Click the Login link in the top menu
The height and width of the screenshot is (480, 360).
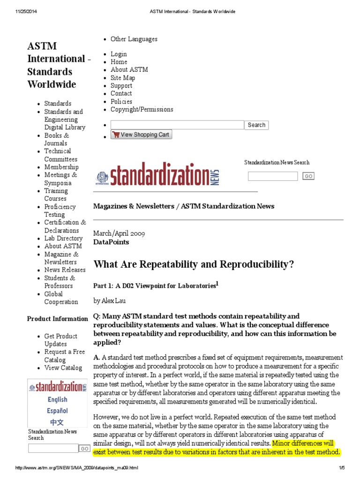click(119, 54)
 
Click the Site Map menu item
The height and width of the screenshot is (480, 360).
click(122, 78)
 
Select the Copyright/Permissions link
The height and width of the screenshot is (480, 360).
click(142, 109)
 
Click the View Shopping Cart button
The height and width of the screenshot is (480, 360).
click(141, 135)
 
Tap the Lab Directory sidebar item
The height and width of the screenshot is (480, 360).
click(63, 238)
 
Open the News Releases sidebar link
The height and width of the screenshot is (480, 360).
click(65, 270)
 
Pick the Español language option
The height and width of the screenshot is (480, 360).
click(57, 411)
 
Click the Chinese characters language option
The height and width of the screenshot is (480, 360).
click(57, 422)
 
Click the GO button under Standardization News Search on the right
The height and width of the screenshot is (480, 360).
click(308, 176)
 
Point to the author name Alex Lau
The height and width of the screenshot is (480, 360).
click(115, 300)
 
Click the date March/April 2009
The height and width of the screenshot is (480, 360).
click(119, 233)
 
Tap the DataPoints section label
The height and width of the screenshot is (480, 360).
click(111, 242)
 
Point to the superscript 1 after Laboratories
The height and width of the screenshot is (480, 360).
click(217, 283)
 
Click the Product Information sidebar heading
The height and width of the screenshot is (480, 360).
click(57, 319)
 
